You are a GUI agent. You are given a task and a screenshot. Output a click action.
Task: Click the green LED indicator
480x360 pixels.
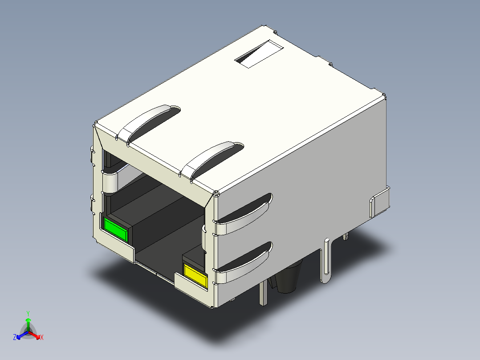click(x=116, y=229)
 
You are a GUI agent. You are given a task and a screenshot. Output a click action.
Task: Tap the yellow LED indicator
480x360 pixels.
click(x=196, y=275)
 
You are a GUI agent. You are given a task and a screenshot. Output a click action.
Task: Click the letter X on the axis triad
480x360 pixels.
click(x=41, y=338)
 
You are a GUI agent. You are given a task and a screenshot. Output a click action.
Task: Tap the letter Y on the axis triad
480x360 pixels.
click(x=28, y=313)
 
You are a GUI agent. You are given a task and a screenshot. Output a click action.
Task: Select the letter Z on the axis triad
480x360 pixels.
click(x=15, y=338)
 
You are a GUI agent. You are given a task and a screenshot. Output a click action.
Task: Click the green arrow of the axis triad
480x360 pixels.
click(x=28, y=322)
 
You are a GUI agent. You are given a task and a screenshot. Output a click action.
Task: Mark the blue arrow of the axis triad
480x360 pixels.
click(x=20, y=335)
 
